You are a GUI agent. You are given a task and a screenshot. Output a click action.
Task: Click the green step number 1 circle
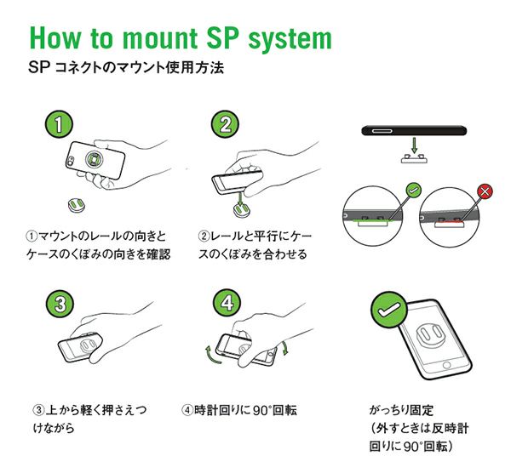pos(57,125)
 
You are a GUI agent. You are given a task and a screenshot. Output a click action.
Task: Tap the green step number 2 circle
pos(225,125)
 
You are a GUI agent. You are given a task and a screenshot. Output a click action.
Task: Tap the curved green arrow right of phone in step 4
pos(284,348)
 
